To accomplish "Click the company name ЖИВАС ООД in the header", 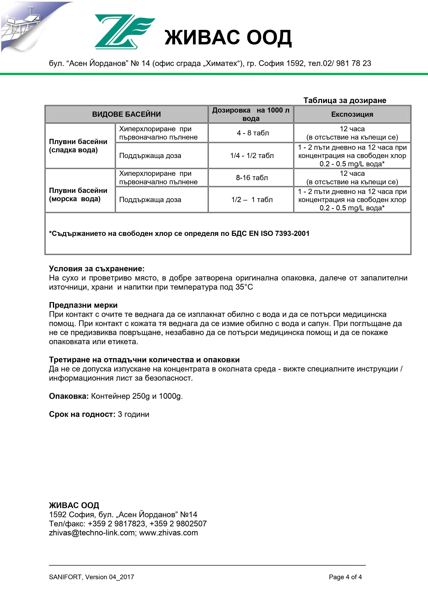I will [228, 38].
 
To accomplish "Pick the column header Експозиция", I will [352, 114].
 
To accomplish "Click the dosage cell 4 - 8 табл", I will [253, 133].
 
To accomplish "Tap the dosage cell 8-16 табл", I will [252, 178].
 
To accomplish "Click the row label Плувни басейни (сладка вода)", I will [78, 146].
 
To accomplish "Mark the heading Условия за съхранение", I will [97, 269].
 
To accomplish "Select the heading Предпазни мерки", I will [83, 305].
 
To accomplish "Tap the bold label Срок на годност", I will [82, 414].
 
